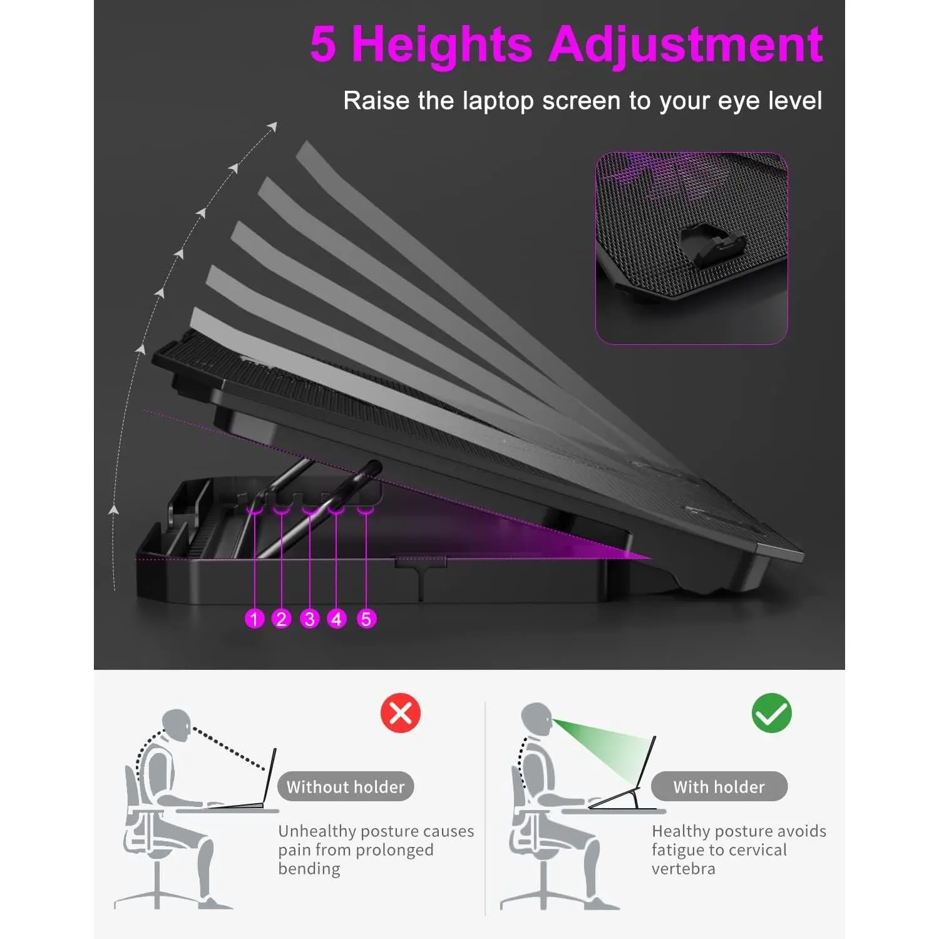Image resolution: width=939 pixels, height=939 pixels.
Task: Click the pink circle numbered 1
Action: click(254, 618)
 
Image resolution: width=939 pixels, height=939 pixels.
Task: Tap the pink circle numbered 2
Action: click(282, 618)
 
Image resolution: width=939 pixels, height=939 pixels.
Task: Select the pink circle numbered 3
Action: click(309, 618)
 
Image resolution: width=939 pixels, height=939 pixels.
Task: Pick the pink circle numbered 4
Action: click(337, 618)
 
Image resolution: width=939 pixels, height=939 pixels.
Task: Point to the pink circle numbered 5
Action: click(366, 618)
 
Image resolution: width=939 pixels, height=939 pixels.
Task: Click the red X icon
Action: click(401, 712)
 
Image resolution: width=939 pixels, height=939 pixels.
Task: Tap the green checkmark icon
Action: click(771, 712)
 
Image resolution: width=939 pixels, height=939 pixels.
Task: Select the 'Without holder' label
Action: click(346, 786)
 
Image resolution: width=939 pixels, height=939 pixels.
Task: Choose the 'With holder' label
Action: click(719, 786)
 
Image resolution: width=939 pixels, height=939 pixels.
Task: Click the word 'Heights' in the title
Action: click(442, 45)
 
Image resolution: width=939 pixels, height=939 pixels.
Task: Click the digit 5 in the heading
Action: click(323, 45)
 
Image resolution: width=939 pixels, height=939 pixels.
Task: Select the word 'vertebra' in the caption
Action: click(683, 869)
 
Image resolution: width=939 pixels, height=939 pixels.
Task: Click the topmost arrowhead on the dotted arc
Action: click(272, 127)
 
